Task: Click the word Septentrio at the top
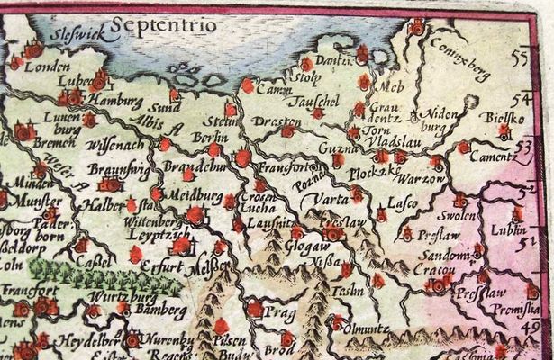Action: click(x=160, y=24)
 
